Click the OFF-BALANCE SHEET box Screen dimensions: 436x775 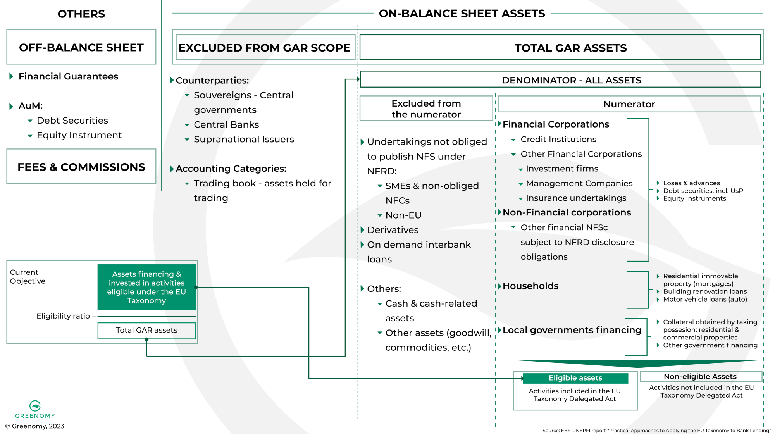click(x=81, y=47)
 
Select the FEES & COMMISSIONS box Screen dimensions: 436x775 click(x=81, y=167)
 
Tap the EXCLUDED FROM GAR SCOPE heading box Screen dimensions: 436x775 click(x=265, y=48)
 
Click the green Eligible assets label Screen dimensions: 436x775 click(x=575, y=378)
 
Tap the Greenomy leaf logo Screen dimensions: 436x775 click(x=35, y=406)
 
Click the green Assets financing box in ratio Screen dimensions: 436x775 click(x=146, y=287)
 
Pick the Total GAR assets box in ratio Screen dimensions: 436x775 click(x=146, y=330)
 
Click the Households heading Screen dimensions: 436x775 click(x=530, y=286)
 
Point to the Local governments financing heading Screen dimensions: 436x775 click(x=572, y=330)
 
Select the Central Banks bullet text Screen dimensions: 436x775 click(x=226, y=124)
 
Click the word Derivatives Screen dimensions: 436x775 click(x=393, y=230)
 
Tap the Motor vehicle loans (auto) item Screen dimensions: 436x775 click(x=704, y=299)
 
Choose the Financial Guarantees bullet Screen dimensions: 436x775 click(x=68, y=76)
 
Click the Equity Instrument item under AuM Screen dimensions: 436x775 click(x=79, y=135)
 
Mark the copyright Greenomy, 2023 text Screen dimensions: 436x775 click(x=35, y=426)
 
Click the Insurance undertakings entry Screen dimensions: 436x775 click(x=575, y=198)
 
